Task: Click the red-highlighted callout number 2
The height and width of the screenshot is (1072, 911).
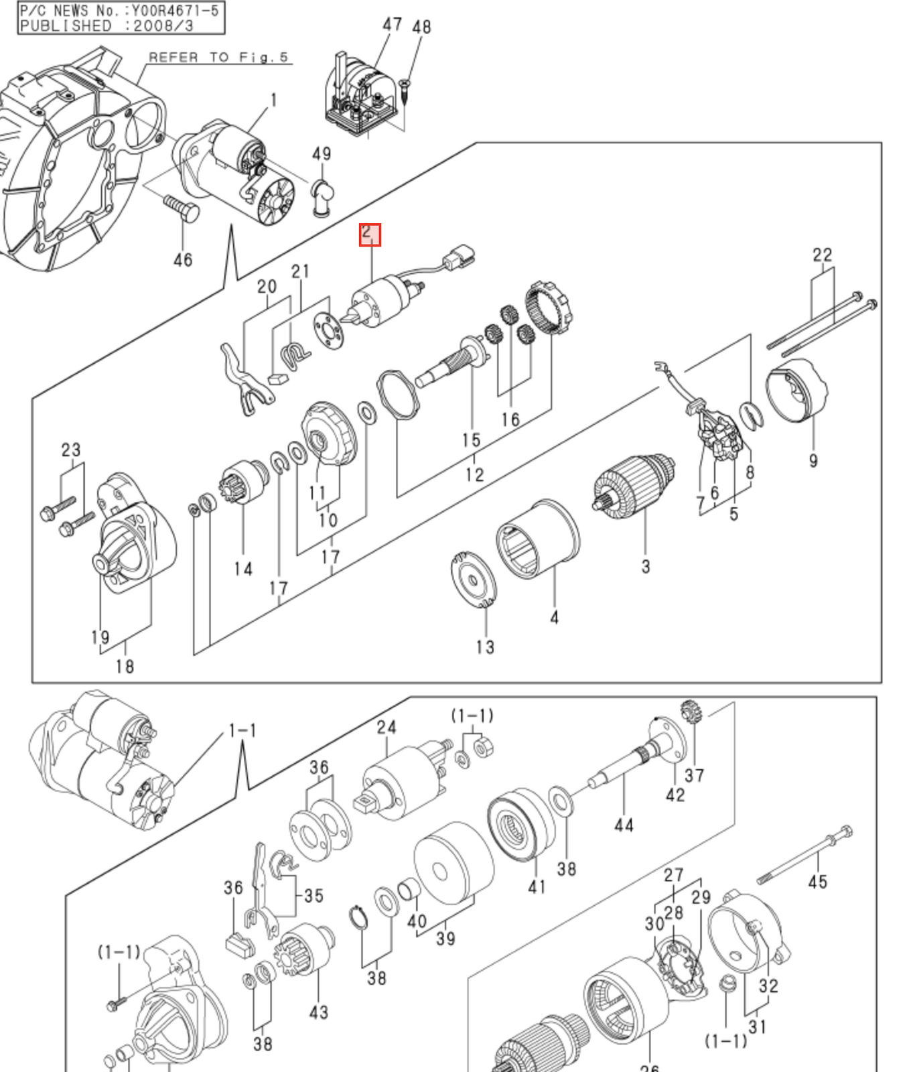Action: click(x=370, y=234)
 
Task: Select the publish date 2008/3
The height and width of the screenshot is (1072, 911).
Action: click(x=163, y=26)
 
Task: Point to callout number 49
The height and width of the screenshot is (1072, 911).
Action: click(x=322, y=154)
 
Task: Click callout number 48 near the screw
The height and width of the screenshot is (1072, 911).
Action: click(x=421, y=27)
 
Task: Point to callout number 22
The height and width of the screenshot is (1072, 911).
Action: click(x=822, y=255)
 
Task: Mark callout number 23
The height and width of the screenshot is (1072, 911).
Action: click(x=71, y=450)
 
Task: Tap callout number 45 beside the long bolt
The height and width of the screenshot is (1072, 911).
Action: click(x=817, y=881)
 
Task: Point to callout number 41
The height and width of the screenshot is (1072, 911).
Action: click(x=537, y=886)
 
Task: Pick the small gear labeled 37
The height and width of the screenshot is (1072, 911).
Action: click(x=690, y=712)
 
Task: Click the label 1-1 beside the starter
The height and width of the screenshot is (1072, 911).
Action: click(x=242, y=730)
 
